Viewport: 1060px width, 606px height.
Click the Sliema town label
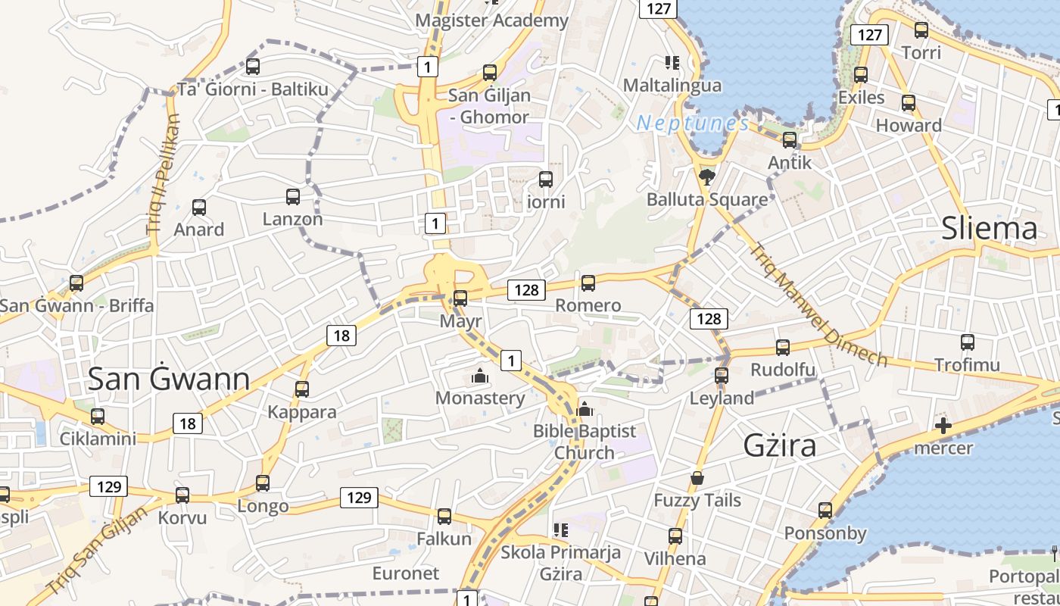coord(989,228)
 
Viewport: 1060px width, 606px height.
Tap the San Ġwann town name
coord(169,379)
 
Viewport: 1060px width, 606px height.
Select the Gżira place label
coord(780,445)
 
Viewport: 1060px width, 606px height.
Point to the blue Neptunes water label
coord(693,123)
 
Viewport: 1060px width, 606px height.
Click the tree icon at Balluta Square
coord(707,177)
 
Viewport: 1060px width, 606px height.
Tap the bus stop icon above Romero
coord(588,283)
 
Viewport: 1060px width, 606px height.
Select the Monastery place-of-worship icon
coord(479,376)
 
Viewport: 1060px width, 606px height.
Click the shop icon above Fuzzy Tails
coord(697,478)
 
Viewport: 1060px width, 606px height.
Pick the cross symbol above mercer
coord(943,426)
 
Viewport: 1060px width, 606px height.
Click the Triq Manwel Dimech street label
coord(818,305)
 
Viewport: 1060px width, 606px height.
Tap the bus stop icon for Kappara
coord(302,389)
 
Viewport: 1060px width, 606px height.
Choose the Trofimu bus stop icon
coord(967,342)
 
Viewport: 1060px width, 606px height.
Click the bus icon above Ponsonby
coord(825,511)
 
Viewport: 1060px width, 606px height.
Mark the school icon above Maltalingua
coord(672,62)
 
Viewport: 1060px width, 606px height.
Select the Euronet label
coord(406,573)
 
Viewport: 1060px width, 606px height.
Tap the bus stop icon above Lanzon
coord(293,197)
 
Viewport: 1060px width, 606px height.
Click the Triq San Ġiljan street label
coord(98,550)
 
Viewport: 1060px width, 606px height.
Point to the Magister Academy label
coord(491,20)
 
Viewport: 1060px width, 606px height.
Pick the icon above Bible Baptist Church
coord(584,410)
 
